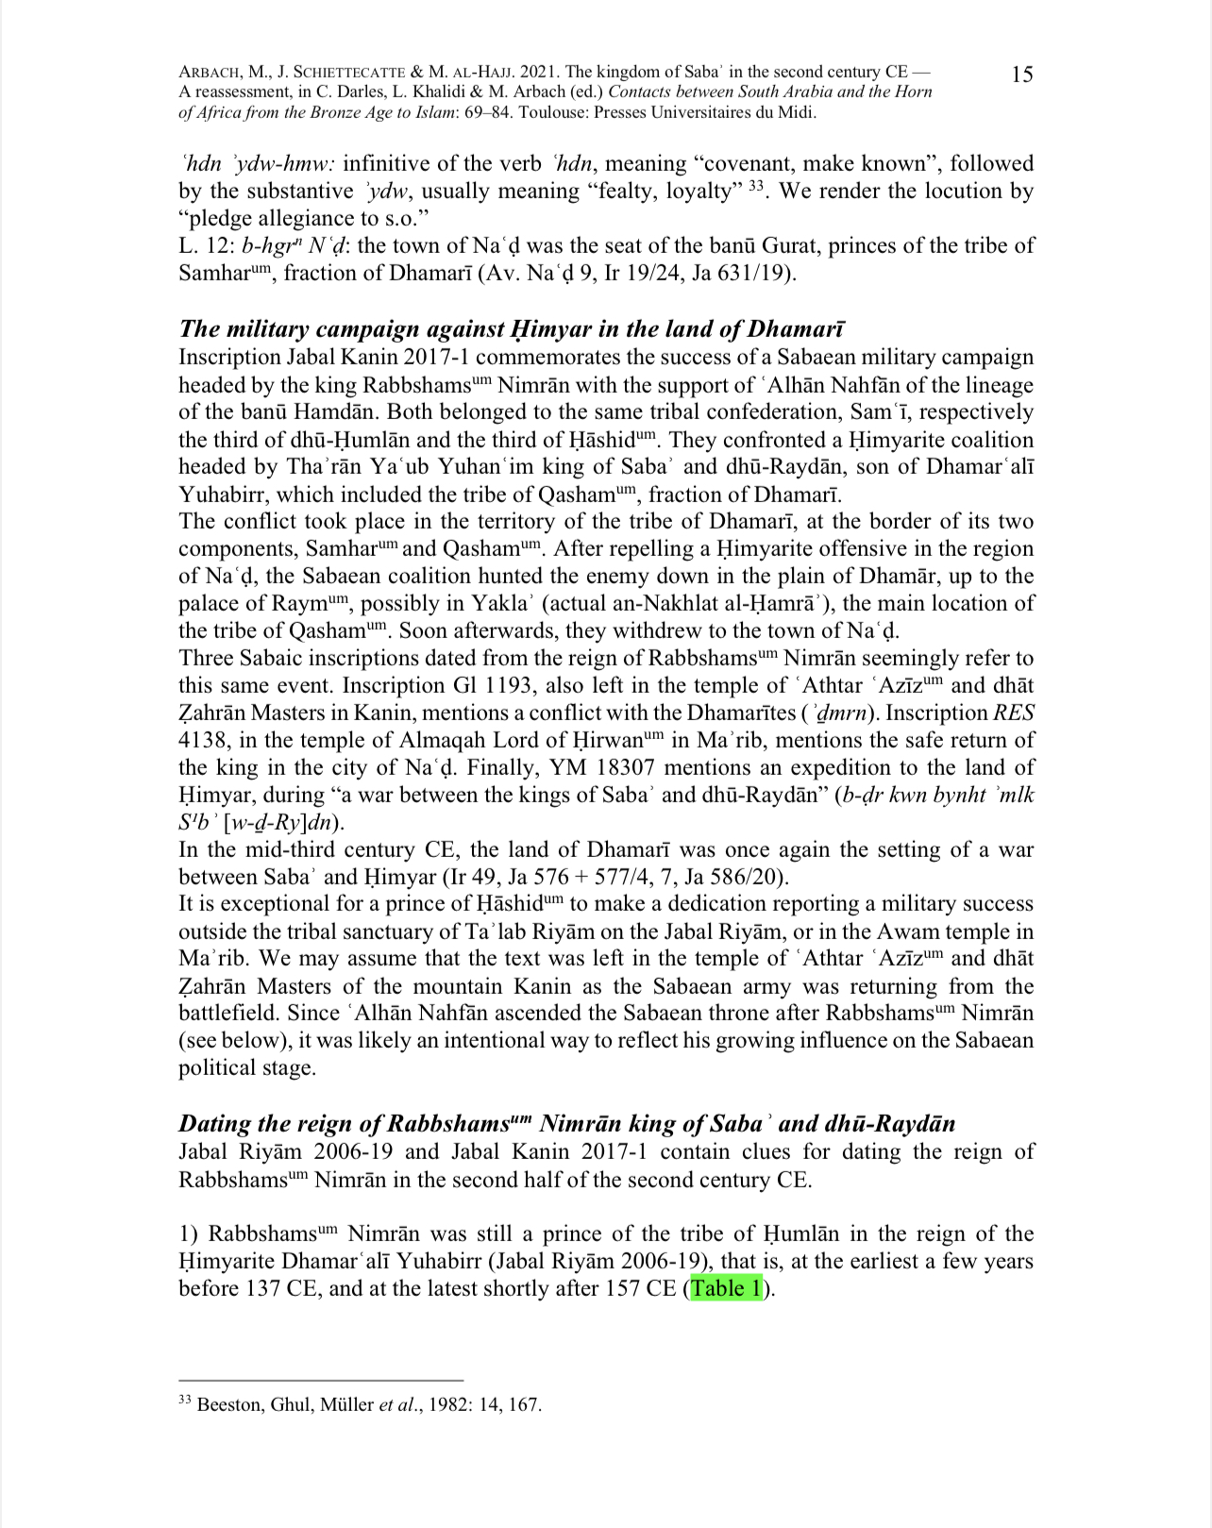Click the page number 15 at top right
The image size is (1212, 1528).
click(1021, 75)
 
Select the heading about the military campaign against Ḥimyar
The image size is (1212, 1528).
click(512, 328)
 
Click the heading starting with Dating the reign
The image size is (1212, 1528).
click(566, 1123)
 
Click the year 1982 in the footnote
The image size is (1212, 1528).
click(448, 1404)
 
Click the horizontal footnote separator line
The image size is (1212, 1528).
click(321, 1380)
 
